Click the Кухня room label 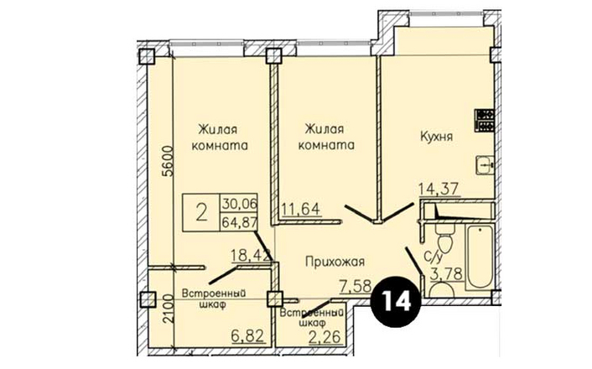[436, 137]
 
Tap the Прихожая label [335, 262]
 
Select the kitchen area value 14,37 [439, 189]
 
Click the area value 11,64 [300, 209]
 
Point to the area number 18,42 [251, 255]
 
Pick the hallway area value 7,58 [356, 287]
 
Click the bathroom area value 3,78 [447, 274]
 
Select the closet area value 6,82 [247, 335]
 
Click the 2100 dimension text [167, 309]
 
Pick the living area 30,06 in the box [239, 205]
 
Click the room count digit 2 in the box [201, 212]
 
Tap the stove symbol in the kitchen [485, 121]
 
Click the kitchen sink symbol [486, 165]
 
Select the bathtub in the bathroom [479, 257]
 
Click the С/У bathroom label [434, 257]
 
